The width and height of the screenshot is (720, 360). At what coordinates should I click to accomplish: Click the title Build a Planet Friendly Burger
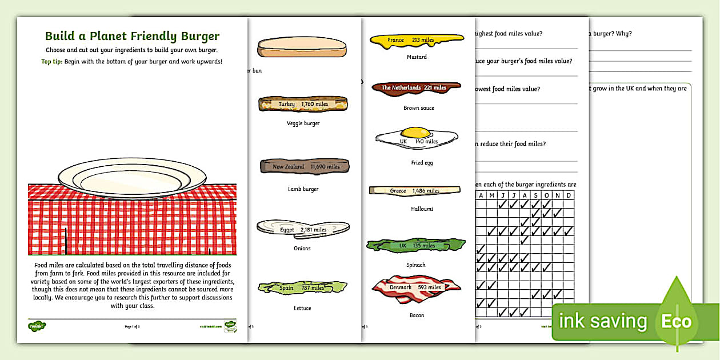(132, 36)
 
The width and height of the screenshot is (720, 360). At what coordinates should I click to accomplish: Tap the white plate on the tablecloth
(131, 178)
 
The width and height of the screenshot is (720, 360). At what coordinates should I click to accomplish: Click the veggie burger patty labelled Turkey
(302, 104)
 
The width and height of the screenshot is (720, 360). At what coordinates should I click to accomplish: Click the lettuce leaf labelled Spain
(302, 287)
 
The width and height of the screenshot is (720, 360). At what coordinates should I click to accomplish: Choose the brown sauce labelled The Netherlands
(415, 88)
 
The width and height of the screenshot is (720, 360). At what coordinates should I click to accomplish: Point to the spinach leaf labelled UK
(415, 246)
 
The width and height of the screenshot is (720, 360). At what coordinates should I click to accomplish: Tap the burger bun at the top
(302, 46)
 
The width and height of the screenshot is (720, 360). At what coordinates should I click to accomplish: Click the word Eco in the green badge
(676, 322)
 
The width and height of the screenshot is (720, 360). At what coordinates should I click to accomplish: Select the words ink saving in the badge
(603, 322)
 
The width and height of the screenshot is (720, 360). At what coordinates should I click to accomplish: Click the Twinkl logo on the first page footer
(37, 326)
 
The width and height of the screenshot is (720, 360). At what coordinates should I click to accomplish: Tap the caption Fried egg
(422, 163)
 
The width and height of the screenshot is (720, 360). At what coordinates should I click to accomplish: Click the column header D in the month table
(569, 195)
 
